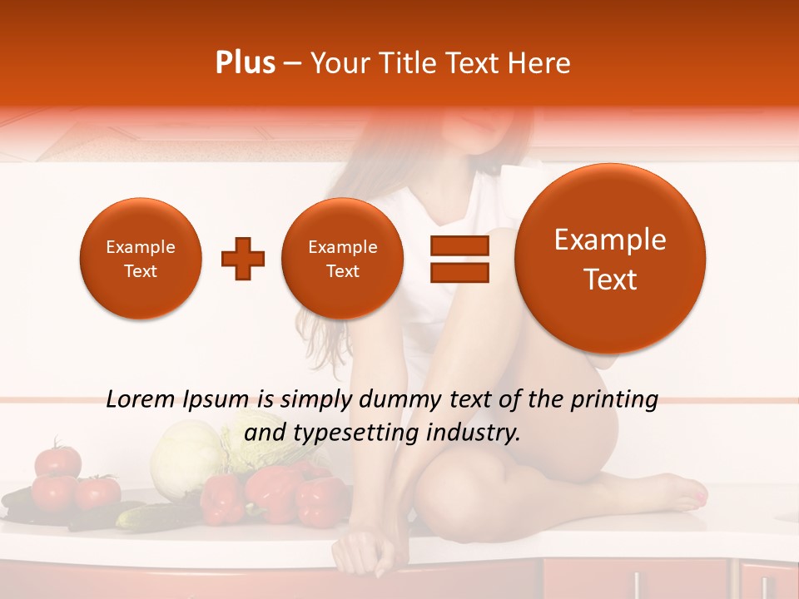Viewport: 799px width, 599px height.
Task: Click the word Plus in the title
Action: [x=245, y=63]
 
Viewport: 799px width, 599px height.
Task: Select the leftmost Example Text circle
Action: [x=141, y=259]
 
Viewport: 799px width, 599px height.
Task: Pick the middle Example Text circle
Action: [x=343, y=259]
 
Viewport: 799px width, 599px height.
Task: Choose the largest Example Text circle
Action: [x=610, y=259]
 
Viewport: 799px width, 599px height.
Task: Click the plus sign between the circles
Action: [x=242, y=259]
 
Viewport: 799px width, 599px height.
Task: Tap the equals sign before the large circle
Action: [x=459, y=259]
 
